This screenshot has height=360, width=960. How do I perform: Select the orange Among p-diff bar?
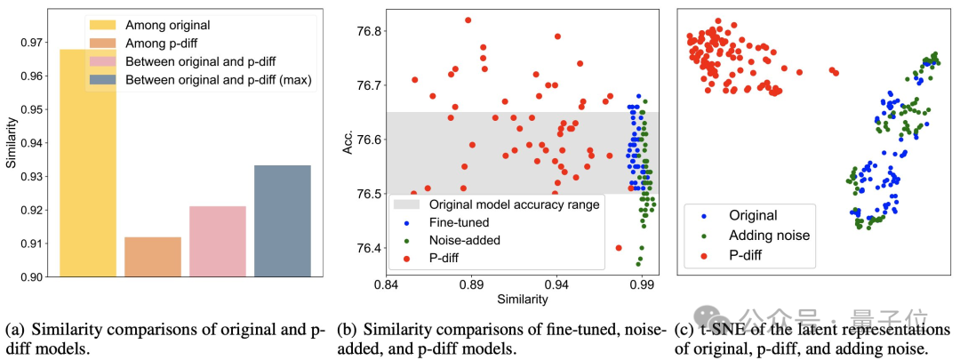pyautogui.click(x=152, y=257)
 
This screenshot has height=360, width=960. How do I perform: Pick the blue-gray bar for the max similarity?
pyautogui.click(x=282, y=221)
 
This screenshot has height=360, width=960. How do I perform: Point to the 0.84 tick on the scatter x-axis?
pyautogui.click(x=388, y=285)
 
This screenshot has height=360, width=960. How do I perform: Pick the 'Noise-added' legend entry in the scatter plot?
pyautogui.click(x=459, y=240)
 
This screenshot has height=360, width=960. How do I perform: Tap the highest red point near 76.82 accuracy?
pyautogui.click(x=468, y=20)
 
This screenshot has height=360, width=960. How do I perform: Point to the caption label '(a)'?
pyautogui.click(x=14, y=331)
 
